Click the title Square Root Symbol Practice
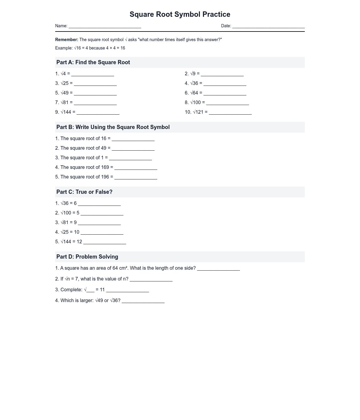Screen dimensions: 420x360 pos(180,14)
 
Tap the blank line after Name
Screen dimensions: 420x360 pos(105,26)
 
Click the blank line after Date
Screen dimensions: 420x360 pos(268,26)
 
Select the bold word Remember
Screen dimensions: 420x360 pos(67,40)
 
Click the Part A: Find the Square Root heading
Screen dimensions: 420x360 pos(93,62)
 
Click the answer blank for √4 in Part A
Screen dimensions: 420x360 pos(92,74)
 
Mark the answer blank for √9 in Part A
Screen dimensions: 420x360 pos(222,74)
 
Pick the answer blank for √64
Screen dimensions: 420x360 pos(225,94)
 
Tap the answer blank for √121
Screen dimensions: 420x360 pos(230,113)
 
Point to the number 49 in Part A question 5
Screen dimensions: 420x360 pos(66,93)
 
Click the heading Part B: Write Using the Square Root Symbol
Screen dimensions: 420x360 pos(113,127)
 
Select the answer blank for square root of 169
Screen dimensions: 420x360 pos(136,168)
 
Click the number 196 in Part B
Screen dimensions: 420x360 pos(105,177)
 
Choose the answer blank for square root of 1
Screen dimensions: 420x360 pos(130,158)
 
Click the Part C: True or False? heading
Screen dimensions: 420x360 pos(84,192)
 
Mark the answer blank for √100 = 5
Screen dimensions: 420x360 pos(102,214)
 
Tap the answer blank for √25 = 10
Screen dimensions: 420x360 pos(102,233)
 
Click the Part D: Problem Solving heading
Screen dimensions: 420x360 pos(87,257)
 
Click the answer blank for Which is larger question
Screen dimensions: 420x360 pos(143,301)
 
